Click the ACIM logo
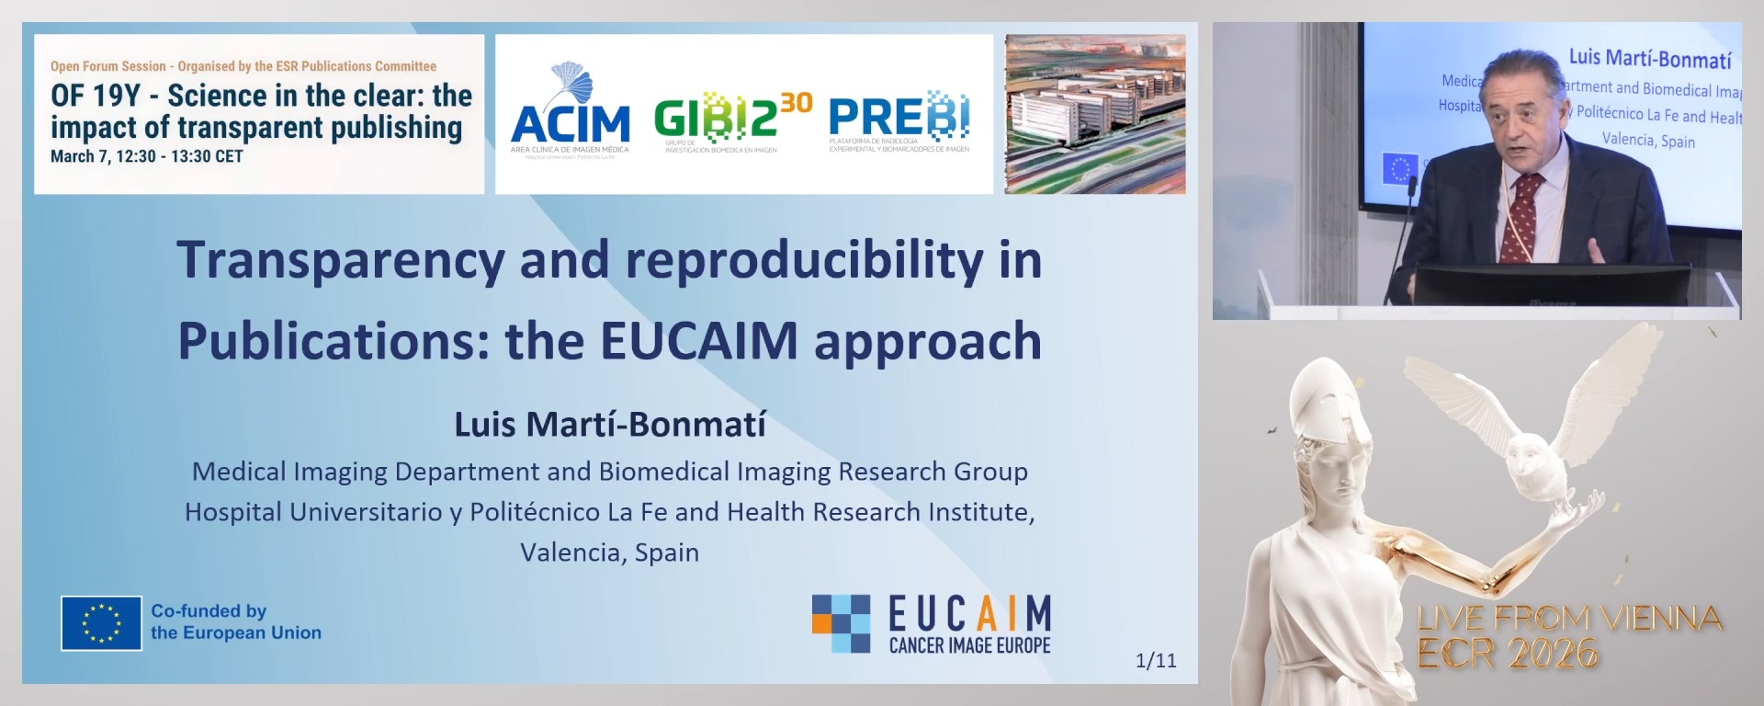pos(570,116)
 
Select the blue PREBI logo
pos(899,119)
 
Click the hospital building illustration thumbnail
pos(1095,114)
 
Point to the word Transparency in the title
pos(340,260)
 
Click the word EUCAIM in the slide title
pos(699,341)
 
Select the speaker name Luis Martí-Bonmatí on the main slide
pos(610,425)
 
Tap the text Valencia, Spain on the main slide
pos(610,552)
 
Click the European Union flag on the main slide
pos(101,623)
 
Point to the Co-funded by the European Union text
pos(236,622)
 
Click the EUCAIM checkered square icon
pos(841,623)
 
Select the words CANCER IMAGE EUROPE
pos(969,646)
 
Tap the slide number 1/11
pos(1156,660)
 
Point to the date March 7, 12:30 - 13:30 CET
pos(147,156)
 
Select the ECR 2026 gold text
pos(1508,654)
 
